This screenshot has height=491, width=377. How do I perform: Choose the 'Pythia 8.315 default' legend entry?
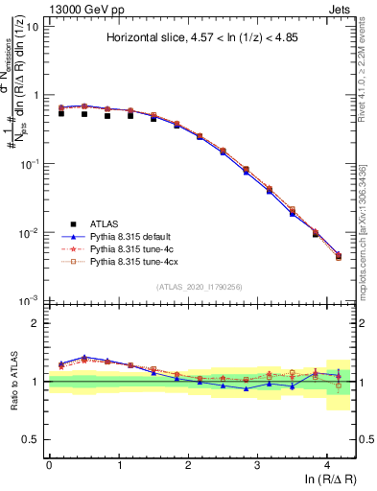133,235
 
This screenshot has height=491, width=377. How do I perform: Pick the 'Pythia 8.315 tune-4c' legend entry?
133,247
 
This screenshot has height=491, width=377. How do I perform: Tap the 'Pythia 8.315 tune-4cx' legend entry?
135,260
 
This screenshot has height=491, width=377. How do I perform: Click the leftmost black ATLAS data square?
61,113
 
